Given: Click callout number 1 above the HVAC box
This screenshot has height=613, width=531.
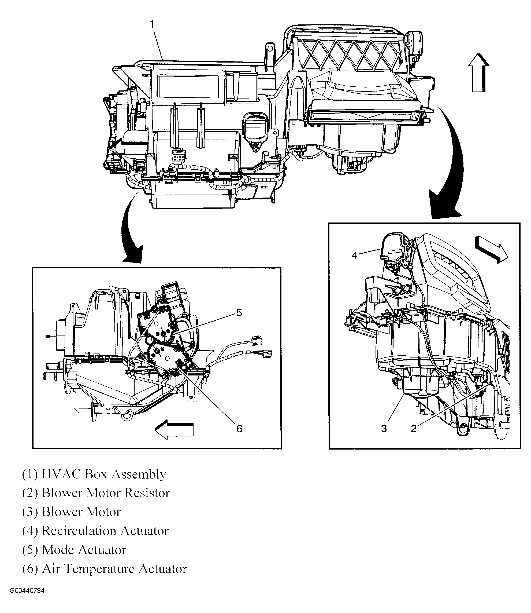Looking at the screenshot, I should (x=152, y=24).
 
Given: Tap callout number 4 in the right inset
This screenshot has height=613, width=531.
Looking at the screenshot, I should (x=355, y=255).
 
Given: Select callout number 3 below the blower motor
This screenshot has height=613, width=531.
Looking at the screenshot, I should (x=384, y=428).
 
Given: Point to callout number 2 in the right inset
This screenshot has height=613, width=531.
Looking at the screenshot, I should (x=414, y=428).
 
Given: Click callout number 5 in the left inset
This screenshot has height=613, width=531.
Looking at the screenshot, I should (x=239, y=313).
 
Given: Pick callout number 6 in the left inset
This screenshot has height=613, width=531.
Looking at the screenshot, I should (x=239, y=428).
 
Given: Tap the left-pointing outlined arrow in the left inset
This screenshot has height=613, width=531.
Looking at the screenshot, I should (x=174, y=429).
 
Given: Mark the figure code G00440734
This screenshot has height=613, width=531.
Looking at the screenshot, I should (x=27, y=599).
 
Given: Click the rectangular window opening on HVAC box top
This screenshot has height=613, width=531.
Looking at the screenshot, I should (x=188, y=86).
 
